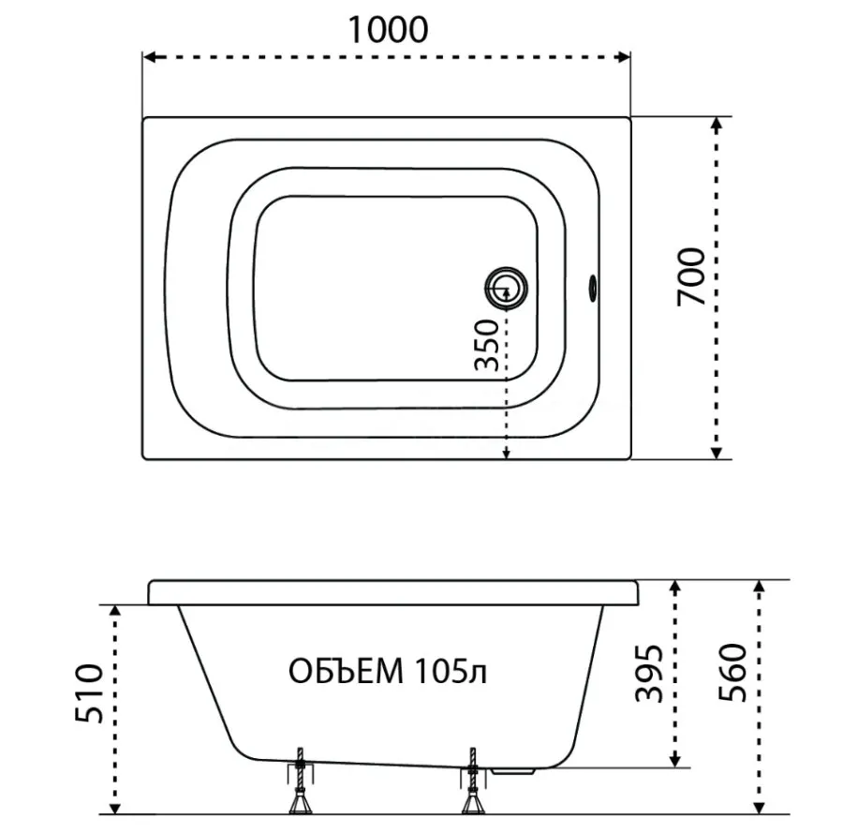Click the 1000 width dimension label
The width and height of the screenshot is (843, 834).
(388, 30)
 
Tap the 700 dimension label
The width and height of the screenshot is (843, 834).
(691, 277)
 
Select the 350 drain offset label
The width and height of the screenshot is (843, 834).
(488, 345)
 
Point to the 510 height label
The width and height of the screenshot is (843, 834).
(89, 693)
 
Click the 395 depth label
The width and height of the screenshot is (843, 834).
(649, 673)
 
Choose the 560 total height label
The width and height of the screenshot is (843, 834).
(733, 672)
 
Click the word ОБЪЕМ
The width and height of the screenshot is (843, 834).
(347, 672)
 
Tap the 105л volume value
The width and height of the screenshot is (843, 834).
(451, 672)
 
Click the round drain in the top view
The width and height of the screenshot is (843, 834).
(506, 289)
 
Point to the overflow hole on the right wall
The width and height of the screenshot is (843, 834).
(593, 289)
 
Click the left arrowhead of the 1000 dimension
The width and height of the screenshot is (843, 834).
(150, 56)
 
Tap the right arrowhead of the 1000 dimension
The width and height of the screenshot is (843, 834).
(624, 56)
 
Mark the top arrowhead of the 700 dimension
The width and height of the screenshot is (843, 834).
(716, 124)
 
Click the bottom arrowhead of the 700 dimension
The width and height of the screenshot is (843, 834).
(716, 453)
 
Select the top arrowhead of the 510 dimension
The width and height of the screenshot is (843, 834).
(114, 611)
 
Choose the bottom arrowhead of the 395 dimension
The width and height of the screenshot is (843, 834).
(675, 760)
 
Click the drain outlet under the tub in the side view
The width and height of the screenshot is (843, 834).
(513, 771)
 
